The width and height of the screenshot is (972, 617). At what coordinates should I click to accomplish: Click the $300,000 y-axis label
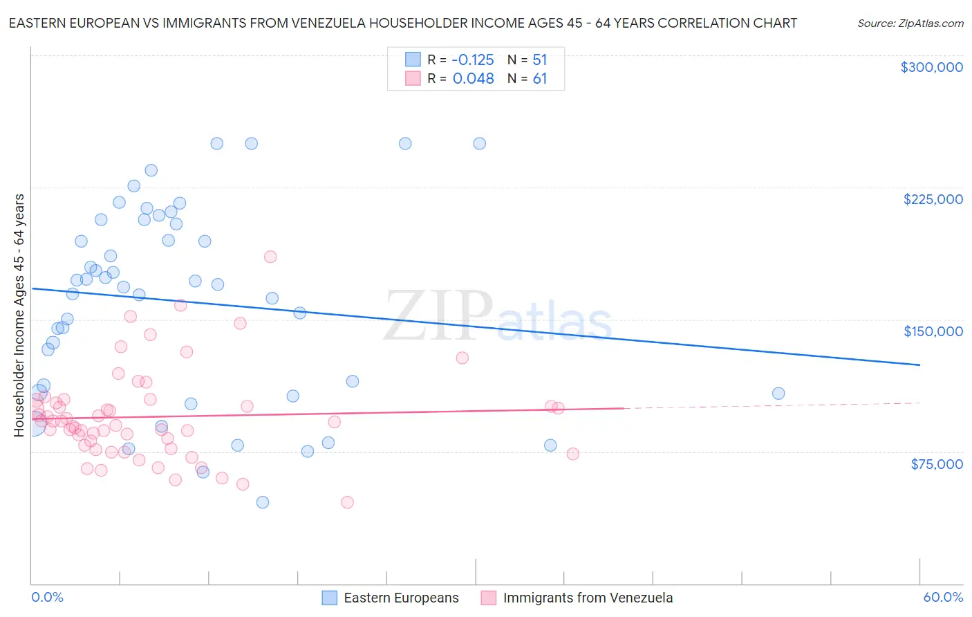pyautogui.click(x=931, y=67)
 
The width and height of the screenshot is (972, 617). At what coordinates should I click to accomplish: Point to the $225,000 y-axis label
pyautogui.click(x=933, y=199)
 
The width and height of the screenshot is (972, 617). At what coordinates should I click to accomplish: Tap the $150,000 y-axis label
pyautogui.click(x=933, y=331)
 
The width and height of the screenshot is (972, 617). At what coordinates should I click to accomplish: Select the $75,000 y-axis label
pyautogui.click(x=936, y=464)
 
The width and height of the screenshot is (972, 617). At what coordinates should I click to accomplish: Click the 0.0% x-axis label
pyautogui.click(x=47, y=597)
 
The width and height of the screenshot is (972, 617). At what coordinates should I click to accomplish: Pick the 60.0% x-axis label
pyautogui.click(x=942, y=597)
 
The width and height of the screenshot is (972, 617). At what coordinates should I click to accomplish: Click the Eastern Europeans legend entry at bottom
pyautogui.click(x=401, y=598)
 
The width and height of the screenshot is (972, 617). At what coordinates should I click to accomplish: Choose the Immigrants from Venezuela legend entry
pyautogui.click(x=588, y=598)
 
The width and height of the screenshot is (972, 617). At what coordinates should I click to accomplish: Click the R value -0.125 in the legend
pyautogui.click(x=473, y=60)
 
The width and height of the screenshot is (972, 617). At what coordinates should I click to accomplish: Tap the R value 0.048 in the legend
pyautogui.click(x=473, y=79)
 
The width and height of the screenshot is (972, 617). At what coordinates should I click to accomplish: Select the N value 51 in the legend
pyautogui.click(x=540, y=60)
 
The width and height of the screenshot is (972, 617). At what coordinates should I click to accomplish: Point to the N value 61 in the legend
pyautogui.click(x=540, y=79)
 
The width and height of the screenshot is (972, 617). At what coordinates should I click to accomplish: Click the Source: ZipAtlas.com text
pyautogui.click(x=910, y=24)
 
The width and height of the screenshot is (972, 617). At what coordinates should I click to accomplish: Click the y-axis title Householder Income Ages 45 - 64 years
pyautogui.click(x=19, y=315)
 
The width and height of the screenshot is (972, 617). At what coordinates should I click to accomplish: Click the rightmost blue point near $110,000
pyautogui.click(x=778, y=394)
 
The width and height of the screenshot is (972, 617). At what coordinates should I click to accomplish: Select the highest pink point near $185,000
pyautogui.click(x=270, y=257)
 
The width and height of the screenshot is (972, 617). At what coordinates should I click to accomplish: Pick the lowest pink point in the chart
pyautogui.click(x=347, y=502)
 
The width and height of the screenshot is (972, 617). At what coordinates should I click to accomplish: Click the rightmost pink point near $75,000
pyautogui.click(x=572, y=454)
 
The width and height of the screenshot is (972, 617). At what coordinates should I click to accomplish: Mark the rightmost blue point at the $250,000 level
pyautogui.click(x=479, y=144)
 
